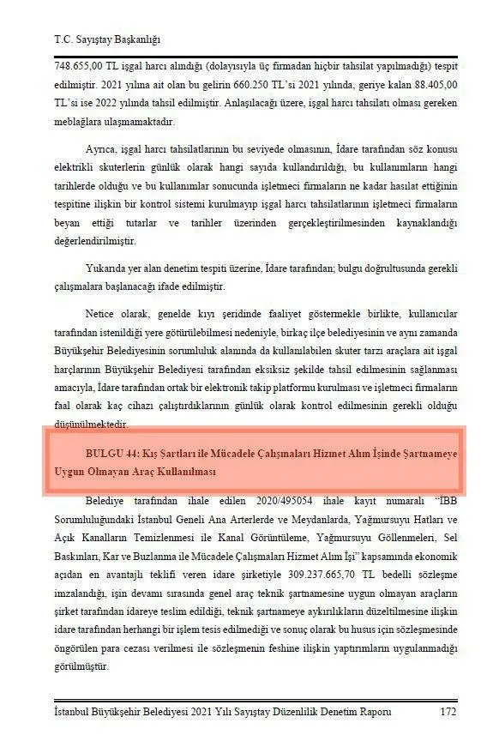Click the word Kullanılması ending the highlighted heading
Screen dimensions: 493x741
(181, 473)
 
